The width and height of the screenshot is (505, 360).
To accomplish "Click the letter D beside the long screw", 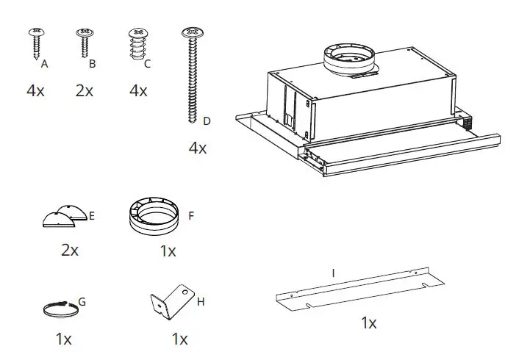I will pos(207,120).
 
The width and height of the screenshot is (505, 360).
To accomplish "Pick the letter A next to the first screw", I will pos(45,65).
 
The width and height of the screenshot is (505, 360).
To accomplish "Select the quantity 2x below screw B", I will pos(85,91).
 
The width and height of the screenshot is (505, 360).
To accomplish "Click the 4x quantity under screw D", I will pos(198,148).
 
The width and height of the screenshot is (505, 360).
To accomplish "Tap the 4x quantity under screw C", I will pos(138,91).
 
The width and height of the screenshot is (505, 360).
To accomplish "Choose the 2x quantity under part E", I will pos(70,250).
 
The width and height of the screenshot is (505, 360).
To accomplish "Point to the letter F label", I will pos(191,216).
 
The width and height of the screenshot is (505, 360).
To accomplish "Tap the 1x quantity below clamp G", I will pos(63,339).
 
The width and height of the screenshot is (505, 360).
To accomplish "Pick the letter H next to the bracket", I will pos(201,301).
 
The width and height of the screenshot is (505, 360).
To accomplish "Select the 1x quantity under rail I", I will pos(368,323).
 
